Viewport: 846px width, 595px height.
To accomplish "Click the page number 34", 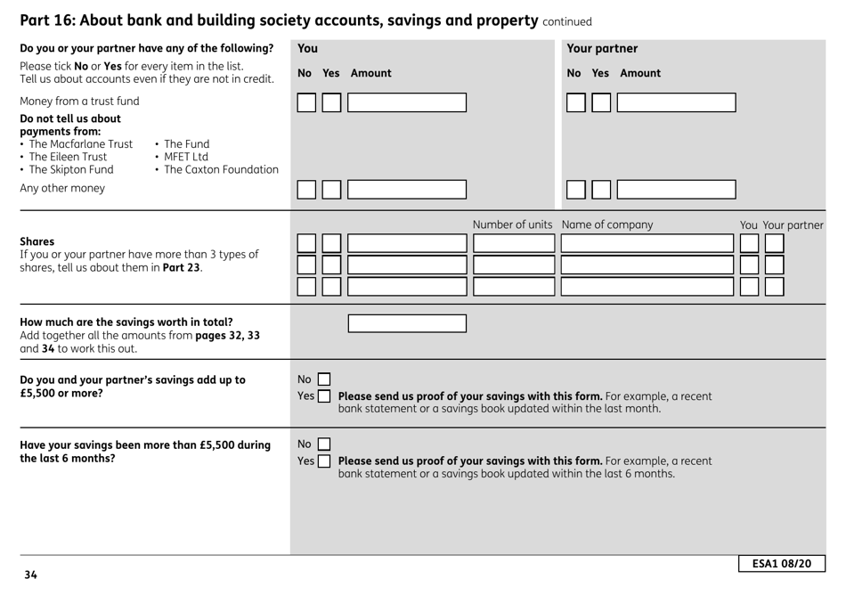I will click(31, 575).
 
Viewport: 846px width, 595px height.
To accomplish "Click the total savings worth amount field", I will click(407, 322).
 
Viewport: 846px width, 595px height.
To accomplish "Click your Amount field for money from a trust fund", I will click(407, 102).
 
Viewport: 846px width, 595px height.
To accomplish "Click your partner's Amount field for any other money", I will click(676, 189).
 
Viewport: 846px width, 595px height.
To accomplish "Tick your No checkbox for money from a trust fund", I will click(306, 102).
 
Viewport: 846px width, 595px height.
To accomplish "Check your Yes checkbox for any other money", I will click(331, 189).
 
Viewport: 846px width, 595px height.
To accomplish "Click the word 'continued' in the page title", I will click(567, 21).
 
